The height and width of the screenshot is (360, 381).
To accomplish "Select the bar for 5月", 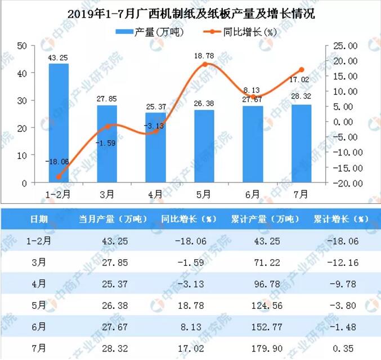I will click(204, 146).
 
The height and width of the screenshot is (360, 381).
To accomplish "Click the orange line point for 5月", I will click(204, 64).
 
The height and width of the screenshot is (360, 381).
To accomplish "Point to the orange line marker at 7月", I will click(302, 70).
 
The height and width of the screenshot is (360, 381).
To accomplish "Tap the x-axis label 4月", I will click(155, 195).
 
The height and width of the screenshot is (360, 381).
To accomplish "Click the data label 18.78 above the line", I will click(204, 55).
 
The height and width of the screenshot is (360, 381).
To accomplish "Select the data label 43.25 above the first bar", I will click(59, 57).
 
